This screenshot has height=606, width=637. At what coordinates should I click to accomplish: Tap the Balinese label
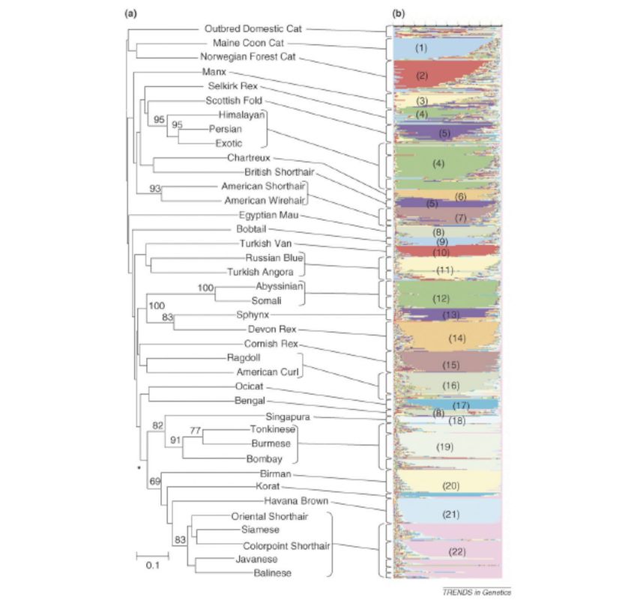272,573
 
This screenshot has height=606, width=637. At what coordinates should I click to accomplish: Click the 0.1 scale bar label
151,566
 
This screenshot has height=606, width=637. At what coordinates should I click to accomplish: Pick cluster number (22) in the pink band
457,552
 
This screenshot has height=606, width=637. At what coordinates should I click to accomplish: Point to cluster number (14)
456,339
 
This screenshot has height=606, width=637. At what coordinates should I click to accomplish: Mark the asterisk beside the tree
138,468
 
